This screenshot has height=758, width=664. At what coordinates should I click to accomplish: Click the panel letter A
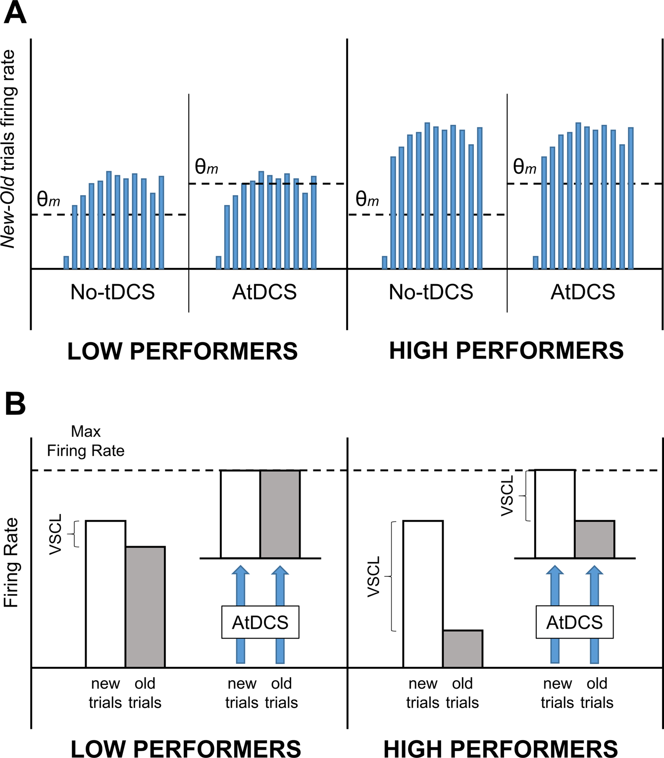tap(15, 13)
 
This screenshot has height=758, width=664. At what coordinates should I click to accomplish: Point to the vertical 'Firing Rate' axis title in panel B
tap(11, 562)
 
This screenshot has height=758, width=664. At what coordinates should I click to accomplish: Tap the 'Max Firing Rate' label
tap(86, 441)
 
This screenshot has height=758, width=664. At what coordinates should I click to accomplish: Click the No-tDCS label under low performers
tap(112, 292)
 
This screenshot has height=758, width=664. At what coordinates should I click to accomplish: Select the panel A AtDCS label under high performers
tap(583, 292)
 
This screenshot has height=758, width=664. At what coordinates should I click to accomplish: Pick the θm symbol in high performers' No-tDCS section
tap(367, 199)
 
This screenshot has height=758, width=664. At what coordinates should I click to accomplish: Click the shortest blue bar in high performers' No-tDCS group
tap(385, 262)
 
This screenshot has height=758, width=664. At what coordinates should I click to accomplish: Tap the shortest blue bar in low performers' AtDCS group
tap(219, 262)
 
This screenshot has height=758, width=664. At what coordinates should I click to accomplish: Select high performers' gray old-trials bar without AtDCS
tap(462, 649)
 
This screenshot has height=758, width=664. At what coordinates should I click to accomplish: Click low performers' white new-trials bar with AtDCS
tap(240, 514)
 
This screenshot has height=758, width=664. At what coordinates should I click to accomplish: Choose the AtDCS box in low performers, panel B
tap(260, 622)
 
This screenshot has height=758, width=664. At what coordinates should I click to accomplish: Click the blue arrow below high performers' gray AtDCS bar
tap(594, 587)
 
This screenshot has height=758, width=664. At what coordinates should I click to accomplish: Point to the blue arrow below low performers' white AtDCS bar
tap(241, 587)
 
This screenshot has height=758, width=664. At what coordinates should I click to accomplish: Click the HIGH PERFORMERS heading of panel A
tap(506, 351)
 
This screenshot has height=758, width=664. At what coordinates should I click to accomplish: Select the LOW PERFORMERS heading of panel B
tap(186, 749)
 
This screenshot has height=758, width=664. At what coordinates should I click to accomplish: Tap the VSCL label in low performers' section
tap(56, 534)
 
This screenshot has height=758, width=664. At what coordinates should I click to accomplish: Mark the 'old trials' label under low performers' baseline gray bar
tap(145, 693)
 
